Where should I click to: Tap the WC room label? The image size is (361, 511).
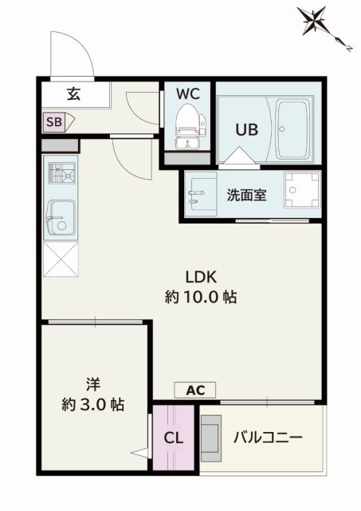tap(188, 93)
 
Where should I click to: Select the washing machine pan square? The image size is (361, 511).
tap(303, 192)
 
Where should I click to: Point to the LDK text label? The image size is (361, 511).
tap(202, 277)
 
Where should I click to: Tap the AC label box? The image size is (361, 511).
tap(196, 390)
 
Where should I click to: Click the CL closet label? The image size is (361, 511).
tap(174, 438)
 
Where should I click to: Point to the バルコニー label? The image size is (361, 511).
tap(268, 438)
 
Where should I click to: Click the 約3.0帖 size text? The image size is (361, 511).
tap(93, 404)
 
